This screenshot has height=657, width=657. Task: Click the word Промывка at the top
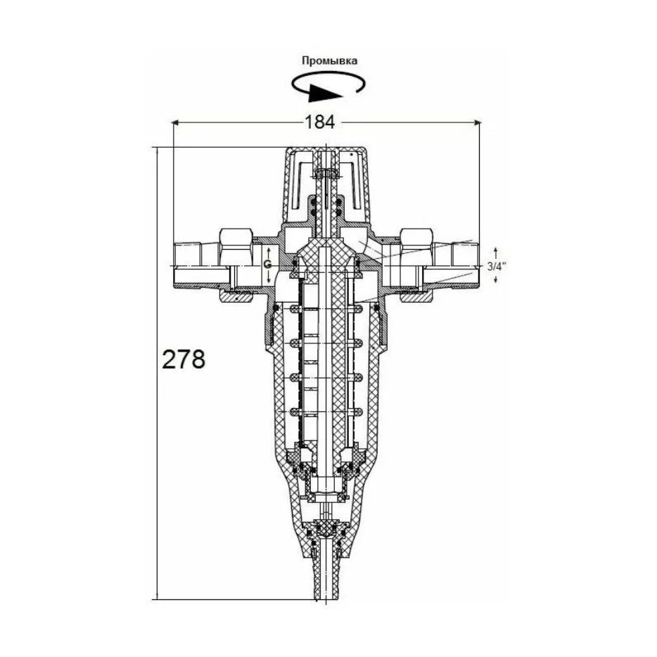[330, 60]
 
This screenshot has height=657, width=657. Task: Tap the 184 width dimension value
[319, 122]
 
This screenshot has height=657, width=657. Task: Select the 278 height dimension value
[184, 359]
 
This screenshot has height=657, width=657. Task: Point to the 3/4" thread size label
[497, 266]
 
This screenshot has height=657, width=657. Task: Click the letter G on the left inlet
[268, 264]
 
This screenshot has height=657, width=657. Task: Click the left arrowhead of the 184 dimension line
[176, 122]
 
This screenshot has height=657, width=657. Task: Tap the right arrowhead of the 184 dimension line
[477, 122]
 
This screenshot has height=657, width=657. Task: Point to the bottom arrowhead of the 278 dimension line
[157, 595]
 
